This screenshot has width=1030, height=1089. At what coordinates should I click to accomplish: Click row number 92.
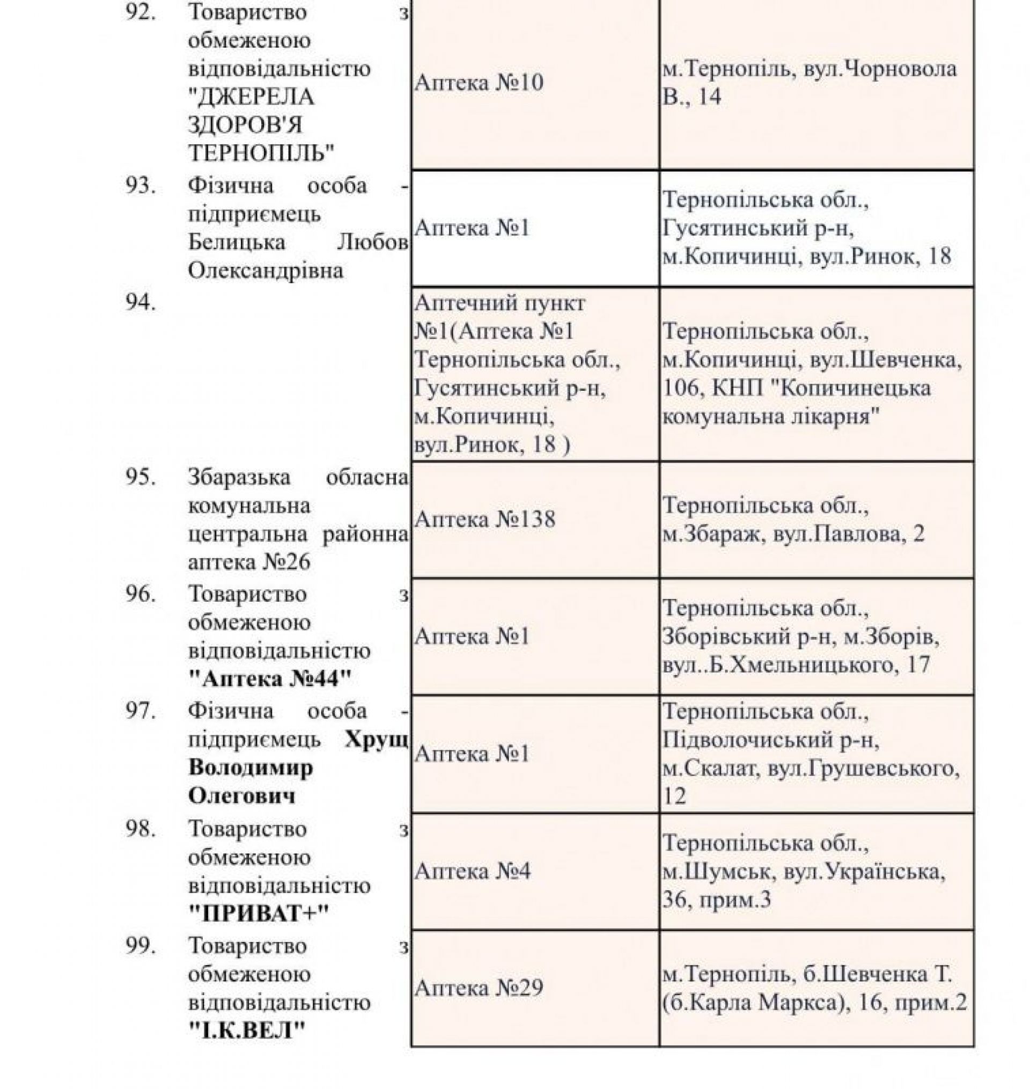[x=141, y=13]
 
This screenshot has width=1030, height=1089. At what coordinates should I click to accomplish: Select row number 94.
[x=141, y=303]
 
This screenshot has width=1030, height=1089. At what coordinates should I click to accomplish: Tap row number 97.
[x=141, y=711]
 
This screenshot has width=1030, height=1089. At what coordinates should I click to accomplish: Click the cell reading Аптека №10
[x=479, y=83]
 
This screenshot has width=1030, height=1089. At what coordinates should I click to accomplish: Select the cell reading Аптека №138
[x=485, y=519]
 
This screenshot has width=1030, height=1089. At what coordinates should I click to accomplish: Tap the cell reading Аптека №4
[x=473, y=872]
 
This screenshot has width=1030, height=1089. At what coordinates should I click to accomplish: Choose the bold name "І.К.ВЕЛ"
[x=247, y=1031]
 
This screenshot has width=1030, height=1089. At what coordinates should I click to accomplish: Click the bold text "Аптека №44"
[x=269, y=679]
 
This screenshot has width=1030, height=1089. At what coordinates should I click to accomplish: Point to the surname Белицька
[x=237, y=242]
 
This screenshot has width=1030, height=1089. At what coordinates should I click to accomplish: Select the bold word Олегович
[x=241, y=796]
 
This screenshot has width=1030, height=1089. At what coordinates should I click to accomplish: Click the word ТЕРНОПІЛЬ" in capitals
[x=261, y=154]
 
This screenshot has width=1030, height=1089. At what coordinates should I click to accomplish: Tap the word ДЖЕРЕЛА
[x=252, y=97]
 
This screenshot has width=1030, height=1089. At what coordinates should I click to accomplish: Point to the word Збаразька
[x=239, y=477]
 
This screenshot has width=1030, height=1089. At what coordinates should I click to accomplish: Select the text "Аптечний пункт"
[x=500, y=303]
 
